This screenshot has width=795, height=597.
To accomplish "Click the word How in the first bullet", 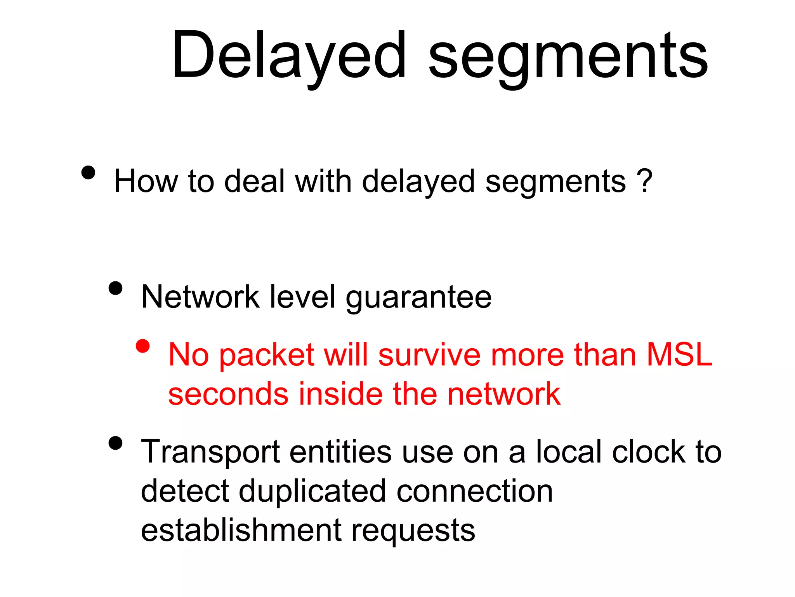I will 146,181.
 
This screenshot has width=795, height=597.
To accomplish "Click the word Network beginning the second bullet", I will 200,297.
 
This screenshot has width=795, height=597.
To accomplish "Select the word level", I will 302,297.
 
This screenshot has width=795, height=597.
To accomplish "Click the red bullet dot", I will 143,346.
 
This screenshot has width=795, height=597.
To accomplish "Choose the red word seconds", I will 228,394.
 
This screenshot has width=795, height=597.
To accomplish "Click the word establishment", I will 241,530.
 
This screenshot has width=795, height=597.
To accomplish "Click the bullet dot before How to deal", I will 89,172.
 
